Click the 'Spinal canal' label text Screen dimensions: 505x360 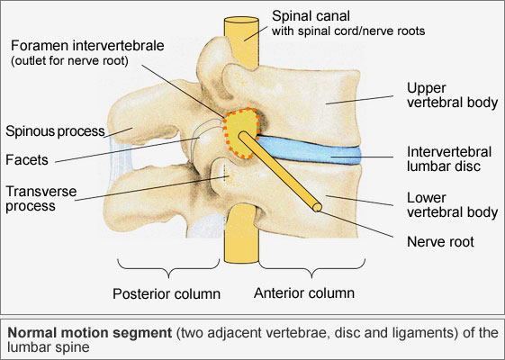pyautogui.click(x=311, y=16)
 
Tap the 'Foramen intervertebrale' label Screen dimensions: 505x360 pyautogui.click(x=87, y=45)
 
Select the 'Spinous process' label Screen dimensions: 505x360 pyautogui.click(x=55, y=131)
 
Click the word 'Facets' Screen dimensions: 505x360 pyautogui.click(x=27, y=159)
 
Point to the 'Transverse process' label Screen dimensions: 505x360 pyautogui.click(x=41, y=199)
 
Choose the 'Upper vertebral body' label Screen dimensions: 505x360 pyautogui.click(x=452, y=95)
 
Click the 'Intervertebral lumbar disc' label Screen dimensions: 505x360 pyautogui.click(x=449, y=159)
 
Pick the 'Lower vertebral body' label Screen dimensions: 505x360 pyautogui.click(x=452, y=205)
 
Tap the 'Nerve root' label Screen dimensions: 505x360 pyautogui.click(x=440, y=242)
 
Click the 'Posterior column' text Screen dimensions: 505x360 pyautogui.click(x=167, y=293)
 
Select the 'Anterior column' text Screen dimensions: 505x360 pyautogui.click(x=304, y=293)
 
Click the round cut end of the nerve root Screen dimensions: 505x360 pyautogui.click(x=317, y=207)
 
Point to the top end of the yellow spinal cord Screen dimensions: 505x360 pyautogui.click(x=241, y=20)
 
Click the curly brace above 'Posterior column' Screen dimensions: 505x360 pyautogui.click(x=168, y=268)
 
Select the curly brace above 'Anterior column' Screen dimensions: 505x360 pyautogui.click(x=311, y=268)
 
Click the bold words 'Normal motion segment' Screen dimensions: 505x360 pyautogui.click(x=89, y=333)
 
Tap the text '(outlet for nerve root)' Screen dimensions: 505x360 pyautogui.click(x=69, y=61)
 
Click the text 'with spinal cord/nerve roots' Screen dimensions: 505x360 pyautogui.click(x=348, y=31)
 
